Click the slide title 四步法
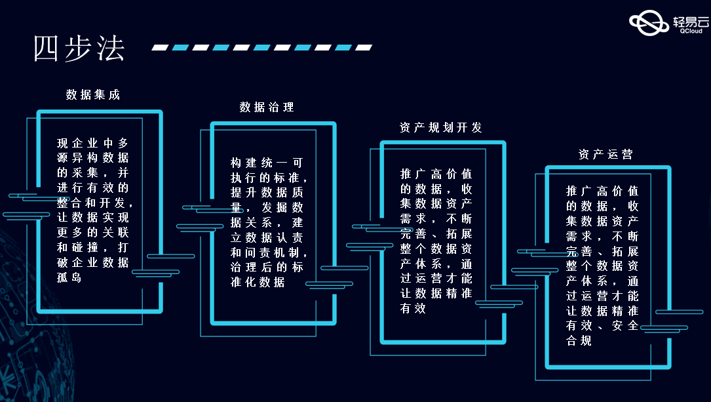tap(79, 49)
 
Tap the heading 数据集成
tap(93, 94)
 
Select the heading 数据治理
tap(267, 107)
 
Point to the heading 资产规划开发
tap(440, 127)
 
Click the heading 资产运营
tap(605, 154)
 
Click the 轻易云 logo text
tap(691, 22)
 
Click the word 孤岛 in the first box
tap(69, 278)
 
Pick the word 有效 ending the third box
tap(413, 308)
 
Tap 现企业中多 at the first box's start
tap(92, 143)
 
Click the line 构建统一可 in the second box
tap(266, 162)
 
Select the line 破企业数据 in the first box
tap(92, 263)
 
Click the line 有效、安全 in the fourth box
tap(602, 325)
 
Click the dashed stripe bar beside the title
tap(262, 47)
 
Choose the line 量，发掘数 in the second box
tap(266, 207)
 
